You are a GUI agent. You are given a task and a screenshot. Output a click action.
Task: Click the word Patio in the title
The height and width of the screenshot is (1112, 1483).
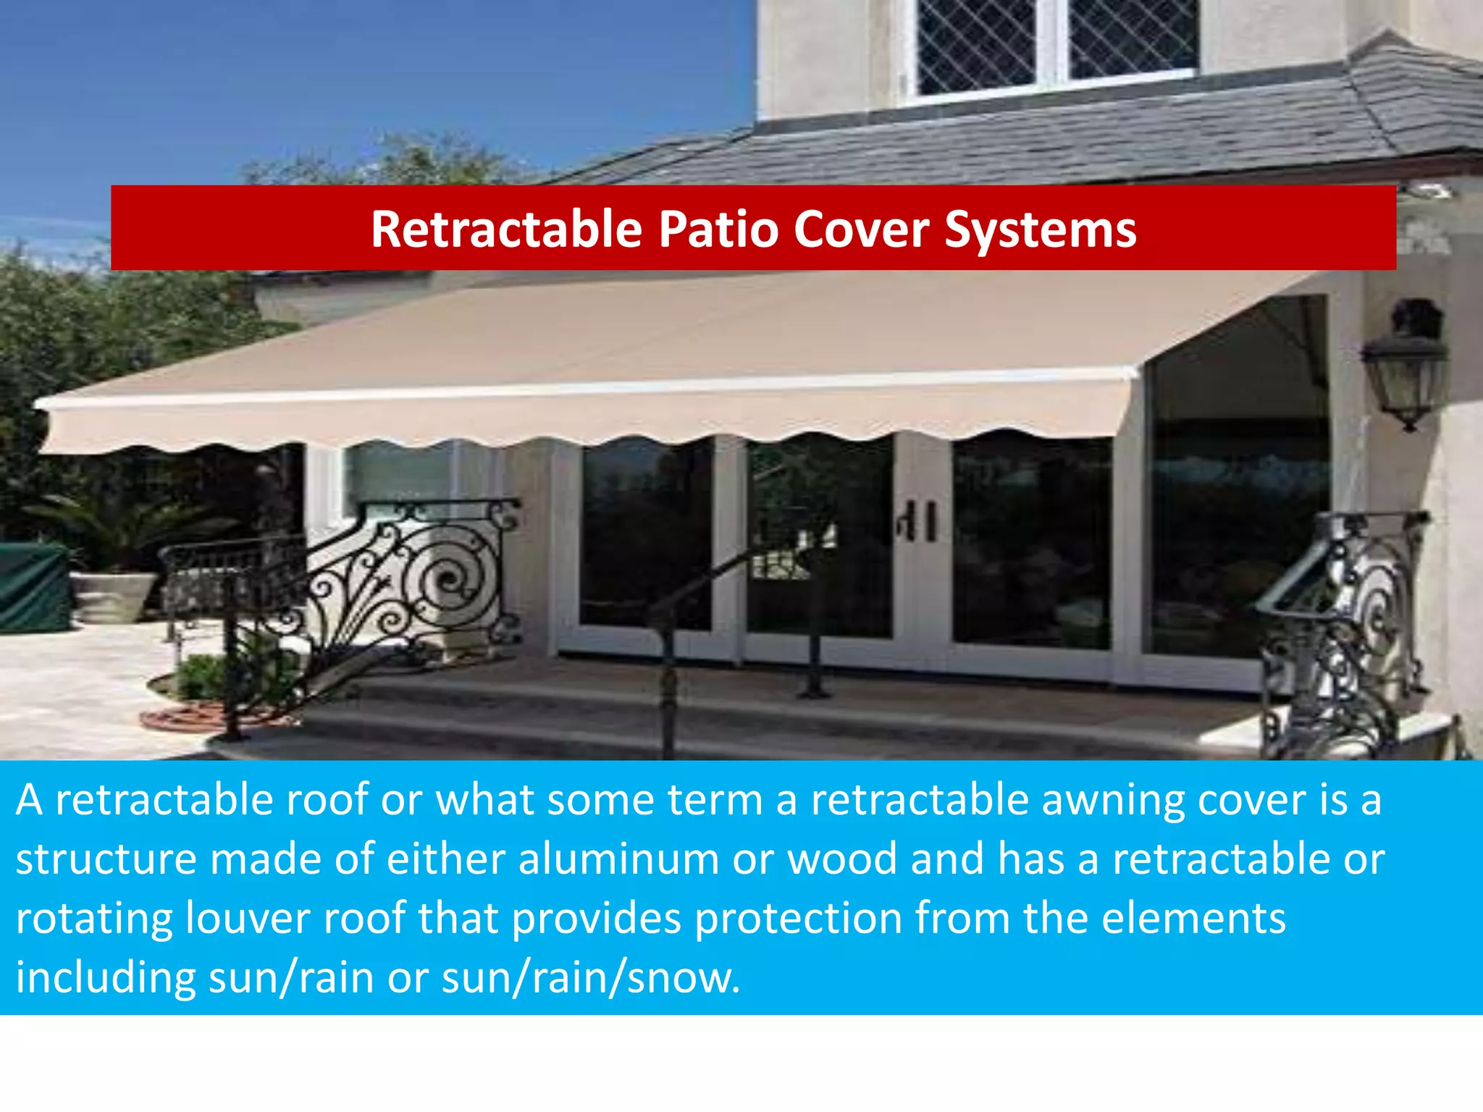(717, 230)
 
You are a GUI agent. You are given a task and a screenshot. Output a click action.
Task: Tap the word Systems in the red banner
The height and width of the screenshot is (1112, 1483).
(1040, 230)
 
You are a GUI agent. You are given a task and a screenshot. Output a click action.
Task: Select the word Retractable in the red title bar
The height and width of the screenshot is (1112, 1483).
(506, 229)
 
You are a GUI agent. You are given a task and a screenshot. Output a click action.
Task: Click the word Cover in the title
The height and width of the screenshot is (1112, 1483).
(861, 230)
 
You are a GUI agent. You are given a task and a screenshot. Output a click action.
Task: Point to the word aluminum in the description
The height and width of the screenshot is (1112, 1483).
(618, 859)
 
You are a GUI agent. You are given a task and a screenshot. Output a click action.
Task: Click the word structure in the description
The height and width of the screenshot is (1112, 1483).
(106, 859)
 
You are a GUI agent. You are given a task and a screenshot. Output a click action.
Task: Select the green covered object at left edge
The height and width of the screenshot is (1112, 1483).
(33, 586)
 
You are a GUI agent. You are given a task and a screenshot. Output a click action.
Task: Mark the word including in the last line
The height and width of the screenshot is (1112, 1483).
(106, 977)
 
